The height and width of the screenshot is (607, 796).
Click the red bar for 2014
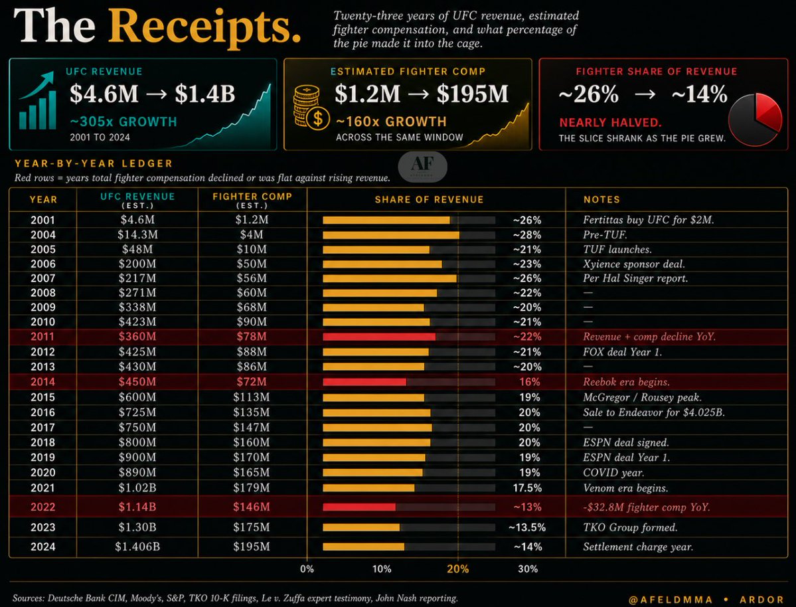(x=364, y=382)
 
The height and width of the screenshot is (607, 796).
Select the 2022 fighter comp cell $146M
(x=252, y=507)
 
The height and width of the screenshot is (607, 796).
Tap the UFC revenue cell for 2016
(x=137, y=412)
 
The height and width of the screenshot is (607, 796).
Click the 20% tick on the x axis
(x=458, y=569)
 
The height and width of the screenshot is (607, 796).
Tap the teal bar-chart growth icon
(x=37, y=100)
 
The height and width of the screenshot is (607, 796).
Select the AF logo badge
(x=422, y=166)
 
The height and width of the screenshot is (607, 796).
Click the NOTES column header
(x=601, y=200)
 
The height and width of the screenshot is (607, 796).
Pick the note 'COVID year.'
(x=613, y=473)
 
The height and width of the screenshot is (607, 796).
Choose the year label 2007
(x=42, y=278)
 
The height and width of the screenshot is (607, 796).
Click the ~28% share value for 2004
(x=527, y=235)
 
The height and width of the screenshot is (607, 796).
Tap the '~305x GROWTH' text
(x=123, y=122)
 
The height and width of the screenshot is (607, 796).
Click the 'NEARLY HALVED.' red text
(x=610, y=123)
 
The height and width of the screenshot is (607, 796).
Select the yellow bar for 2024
(x=364, y=547)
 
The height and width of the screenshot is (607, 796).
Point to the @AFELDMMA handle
(x=671, y=600)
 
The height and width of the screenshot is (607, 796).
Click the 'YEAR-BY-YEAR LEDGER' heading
(x=94, y=163)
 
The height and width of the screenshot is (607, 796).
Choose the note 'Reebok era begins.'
(x=626, y=382)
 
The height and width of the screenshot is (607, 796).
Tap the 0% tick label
(x=307, y=569)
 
